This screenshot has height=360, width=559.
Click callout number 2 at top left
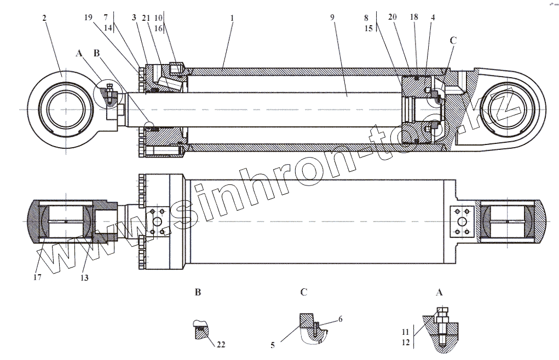click(44, 18)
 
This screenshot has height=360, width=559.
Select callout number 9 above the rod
click(332, 18)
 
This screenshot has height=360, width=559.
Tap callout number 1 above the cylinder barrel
click(232, 18)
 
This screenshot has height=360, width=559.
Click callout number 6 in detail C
click(340, 319)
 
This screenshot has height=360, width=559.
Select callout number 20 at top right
click(392, 18)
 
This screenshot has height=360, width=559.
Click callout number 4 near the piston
click(433, 18)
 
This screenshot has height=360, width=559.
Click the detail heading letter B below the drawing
click(198, 293)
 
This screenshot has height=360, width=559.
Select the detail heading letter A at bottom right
click(439, 293)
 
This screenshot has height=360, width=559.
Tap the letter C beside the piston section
click(453, 40)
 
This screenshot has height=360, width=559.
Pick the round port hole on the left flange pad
click(159, 222)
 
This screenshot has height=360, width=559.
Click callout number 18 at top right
click(414, 18)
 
